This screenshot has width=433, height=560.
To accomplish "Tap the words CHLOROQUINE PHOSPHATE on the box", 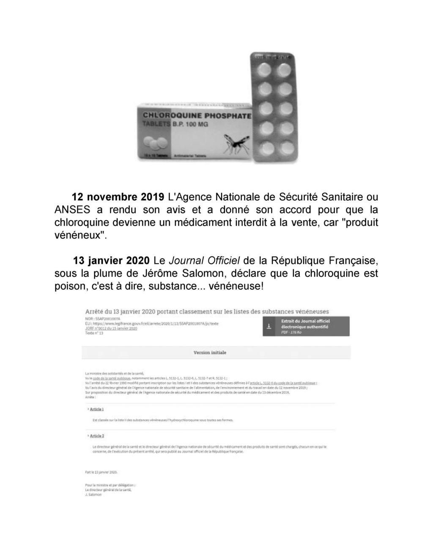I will (197, 115).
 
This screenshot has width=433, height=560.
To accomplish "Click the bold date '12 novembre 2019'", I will (118, 197).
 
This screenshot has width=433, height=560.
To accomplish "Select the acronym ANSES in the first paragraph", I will (72, 210).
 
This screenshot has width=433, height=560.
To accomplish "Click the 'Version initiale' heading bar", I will (210, 352).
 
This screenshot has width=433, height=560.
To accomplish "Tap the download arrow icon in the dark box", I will (268, 326).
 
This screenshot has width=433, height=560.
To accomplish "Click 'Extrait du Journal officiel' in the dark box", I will (305, 321).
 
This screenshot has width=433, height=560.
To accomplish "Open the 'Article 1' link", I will (97, 409).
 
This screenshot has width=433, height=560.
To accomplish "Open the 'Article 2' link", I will (97, 436).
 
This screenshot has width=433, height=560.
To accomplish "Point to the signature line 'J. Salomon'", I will (93, 494).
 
